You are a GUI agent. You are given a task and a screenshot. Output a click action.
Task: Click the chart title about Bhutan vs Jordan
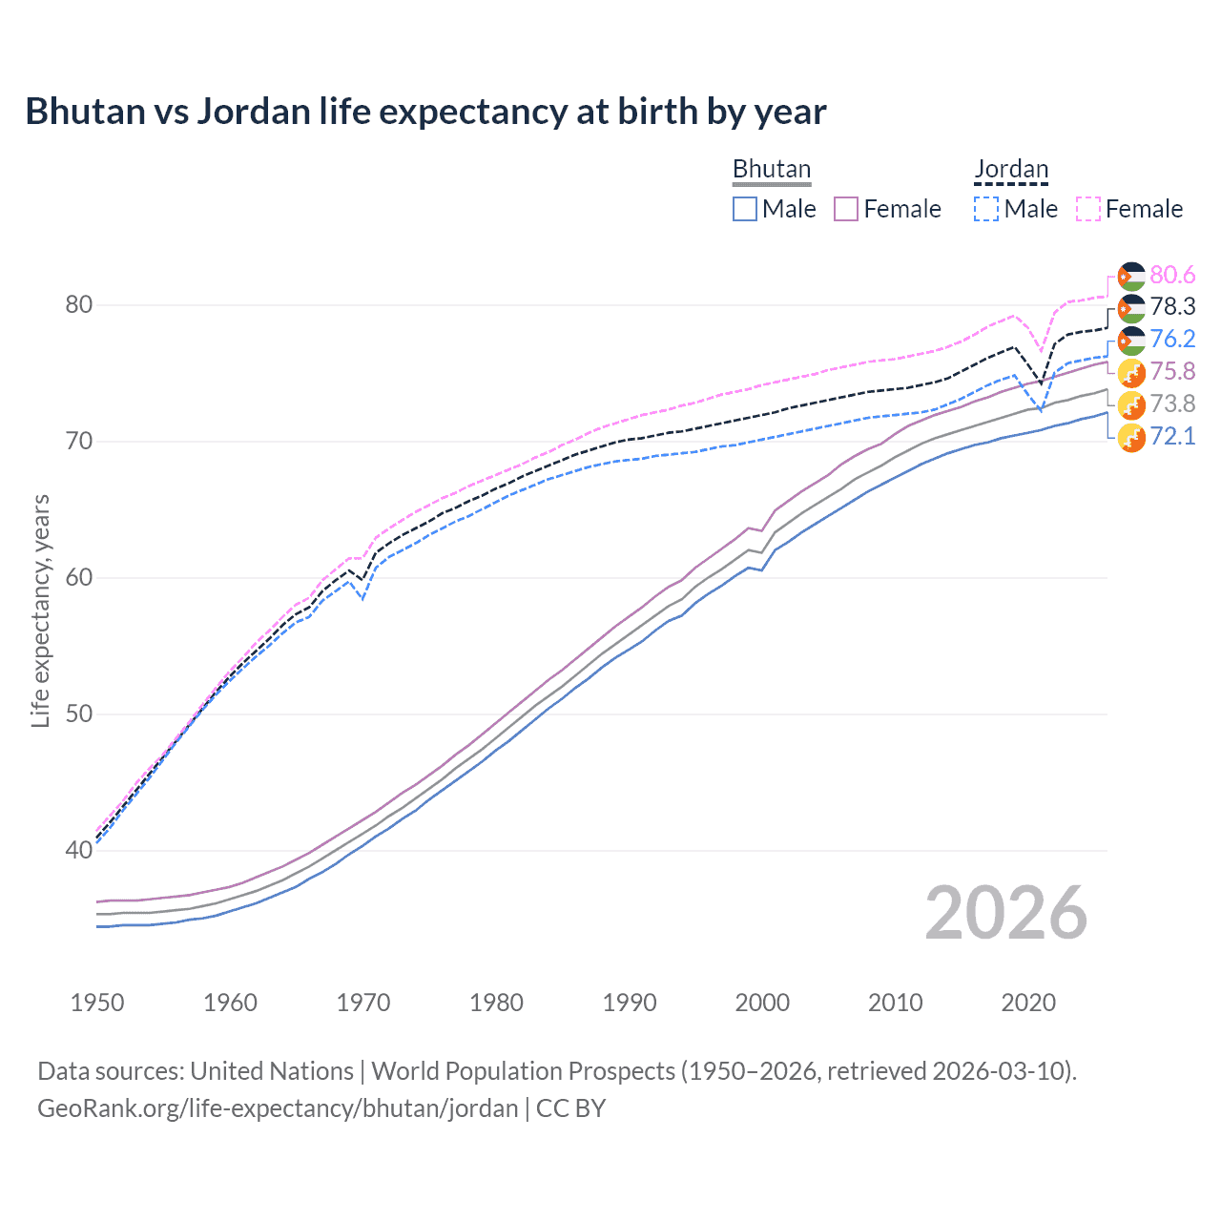coord(425,112)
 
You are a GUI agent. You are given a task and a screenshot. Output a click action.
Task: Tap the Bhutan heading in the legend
coord(771,169)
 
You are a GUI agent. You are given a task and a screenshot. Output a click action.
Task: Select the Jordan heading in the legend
coord(1011,169)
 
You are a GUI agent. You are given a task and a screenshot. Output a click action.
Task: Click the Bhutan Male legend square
coord(745,209)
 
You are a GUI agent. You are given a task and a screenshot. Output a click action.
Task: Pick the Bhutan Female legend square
coord(846,209)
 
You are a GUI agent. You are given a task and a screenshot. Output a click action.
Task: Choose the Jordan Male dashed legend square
coord(986,209)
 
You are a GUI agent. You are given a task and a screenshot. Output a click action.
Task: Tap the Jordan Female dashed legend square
coord(1088,209)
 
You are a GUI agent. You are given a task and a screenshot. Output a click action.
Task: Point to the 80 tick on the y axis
coord(79,305)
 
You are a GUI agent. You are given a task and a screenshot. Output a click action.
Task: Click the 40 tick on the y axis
coord(79,850)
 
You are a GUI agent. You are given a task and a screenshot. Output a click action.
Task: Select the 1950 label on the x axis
coord(97,1003)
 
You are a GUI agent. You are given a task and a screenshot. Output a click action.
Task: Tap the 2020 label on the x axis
coord(1028,1003)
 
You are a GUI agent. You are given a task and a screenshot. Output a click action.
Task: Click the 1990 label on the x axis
coord(630,1003)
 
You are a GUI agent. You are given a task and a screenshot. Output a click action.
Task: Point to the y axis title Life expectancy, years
coord(40,610)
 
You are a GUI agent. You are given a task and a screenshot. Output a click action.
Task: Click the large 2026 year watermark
coord(1005,913)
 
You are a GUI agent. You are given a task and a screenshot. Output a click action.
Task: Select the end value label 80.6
coord(1172,275)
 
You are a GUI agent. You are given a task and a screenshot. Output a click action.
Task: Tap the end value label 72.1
coord(1172,436)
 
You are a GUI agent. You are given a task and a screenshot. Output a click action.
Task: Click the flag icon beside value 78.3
coord(1131,308)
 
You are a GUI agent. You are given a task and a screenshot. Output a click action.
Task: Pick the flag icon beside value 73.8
coord(1131,404)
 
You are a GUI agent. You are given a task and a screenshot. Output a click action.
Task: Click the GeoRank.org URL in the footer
coord(278,1107)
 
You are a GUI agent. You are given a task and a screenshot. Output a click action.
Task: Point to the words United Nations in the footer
coord(272,1070)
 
